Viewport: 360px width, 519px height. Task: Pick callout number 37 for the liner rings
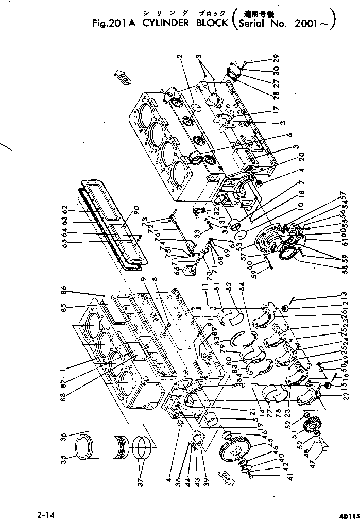point(142,483)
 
